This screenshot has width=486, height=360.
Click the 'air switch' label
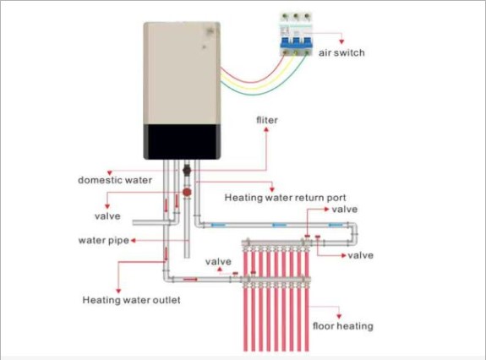coord(341,52)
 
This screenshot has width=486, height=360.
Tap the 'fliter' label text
coord(267,120)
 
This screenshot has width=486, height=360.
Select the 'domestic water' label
coord(115,180)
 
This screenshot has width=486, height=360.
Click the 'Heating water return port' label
coord(285,198)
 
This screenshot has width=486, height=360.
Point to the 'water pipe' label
coord(103,240)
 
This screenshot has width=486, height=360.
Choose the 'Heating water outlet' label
coord(131,300)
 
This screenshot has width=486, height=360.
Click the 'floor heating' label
coord(343,326)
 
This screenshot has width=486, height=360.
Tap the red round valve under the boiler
coord(187,193)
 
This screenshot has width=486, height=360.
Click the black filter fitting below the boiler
coord(187,171)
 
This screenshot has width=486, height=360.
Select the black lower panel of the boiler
coord(183,142)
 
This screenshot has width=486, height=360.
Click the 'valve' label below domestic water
coord(107,216)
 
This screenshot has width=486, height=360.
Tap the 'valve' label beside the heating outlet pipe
coord(218,261)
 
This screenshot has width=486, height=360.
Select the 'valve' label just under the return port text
coord(345,209)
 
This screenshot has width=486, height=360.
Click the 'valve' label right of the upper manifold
coord(360,255)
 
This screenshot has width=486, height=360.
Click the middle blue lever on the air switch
coord(296,43)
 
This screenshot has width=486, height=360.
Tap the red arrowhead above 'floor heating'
coord(339,316)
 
